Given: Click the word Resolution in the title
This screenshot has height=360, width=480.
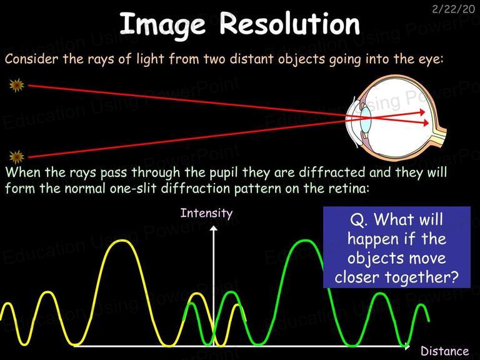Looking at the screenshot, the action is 289,24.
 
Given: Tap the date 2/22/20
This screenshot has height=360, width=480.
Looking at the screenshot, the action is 453,9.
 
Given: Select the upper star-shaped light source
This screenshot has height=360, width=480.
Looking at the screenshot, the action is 16,85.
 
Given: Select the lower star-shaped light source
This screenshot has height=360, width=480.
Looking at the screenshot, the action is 16,157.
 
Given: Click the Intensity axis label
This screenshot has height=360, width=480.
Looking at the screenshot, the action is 206,213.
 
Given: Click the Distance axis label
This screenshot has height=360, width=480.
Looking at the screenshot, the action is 444,351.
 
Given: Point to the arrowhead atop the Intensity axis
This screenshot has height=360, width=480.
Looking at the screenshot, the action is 214,228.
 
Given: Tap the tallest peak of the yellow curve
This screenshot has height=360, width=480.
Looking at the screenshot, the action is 122,241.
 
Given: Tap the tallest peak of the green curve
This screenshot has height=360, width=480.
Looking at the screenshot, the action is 305,241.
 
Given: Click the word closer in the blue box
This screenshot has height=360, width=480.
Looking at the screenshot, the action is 357,277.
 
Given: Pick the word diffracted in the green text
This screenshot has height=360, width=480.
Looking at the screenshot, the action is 332,172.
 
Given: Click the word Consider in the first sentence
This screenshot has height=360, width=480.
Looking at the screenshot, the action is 31,59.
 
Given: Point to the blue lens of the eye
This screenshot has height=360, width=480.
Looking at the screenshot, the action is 365,119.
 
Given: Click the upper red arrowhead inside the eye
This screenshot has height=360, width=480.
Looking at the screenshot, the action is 422,112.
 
